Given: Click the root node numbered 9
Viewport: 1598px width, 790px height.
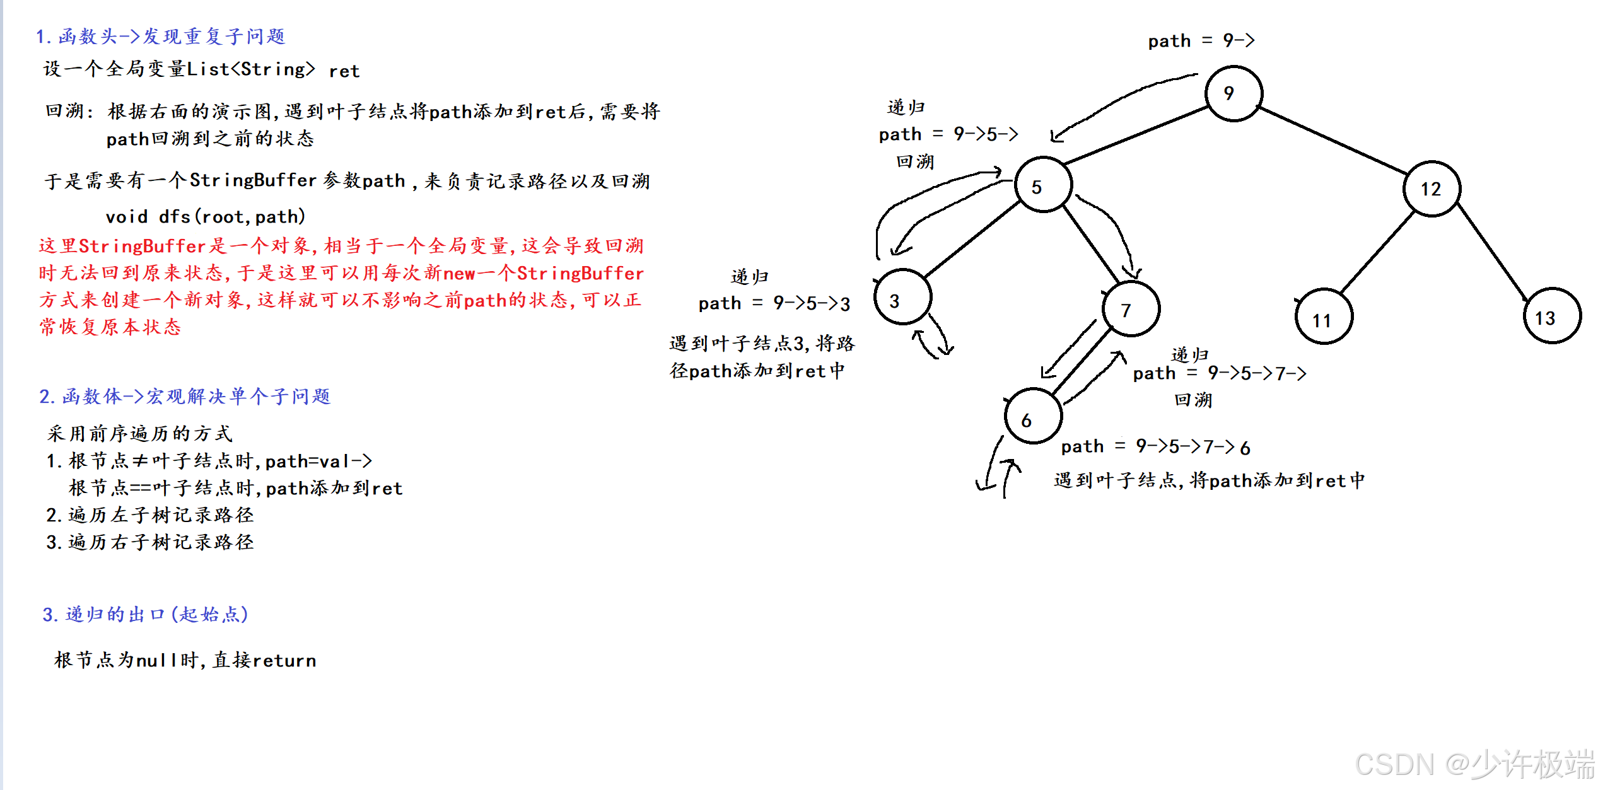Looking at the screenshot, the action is (x=1233, y=93).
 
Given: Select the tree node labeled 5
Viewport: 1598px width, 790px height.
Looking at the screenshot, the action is (x=1043, y=185).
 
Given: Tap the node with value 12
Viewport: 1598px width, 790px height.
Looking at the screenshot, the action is (x=1432, y=189).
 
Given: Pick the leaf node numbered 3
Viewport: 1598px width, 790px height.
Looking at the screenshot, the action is (x=902, y=297).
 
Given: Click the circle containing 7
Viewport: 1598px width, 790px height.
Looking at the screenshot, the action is (x=1131, y=308).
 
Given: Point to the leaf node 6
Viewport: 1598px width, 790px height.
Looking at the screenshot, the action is (x=1033, y=416).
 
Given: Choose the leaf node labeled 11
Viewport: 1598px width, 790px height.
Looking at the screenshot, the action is (x=1324, y=317).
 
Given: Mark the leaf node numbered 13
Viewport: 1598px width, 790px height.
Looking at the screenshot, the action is (x=1552, y=315).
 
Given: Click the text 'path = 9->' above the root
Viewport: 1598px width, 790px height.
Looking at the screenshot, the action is (x=1201, y=41).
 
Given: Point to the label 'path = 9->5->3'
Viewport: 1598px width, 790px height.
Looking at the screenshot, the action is (x=774, y=303).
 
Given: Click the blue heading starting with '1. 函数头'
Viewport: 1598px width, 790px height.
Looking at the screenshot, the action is (x=161, y=37).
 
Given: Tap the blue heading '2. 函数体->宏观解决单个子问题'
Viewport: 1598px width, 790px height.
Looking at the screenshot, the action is (x=185, y=396).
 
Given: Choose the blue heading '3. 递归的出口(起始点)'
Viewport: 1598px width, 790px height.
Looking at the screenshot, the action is (x=145, y=614).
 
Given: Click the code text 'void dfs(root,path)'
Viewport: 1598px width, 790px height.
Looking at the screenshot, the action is (x=206, y=217).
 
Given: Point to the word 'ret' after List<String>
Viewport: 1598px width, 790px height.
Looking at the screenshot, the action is (x=344, y=71).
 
